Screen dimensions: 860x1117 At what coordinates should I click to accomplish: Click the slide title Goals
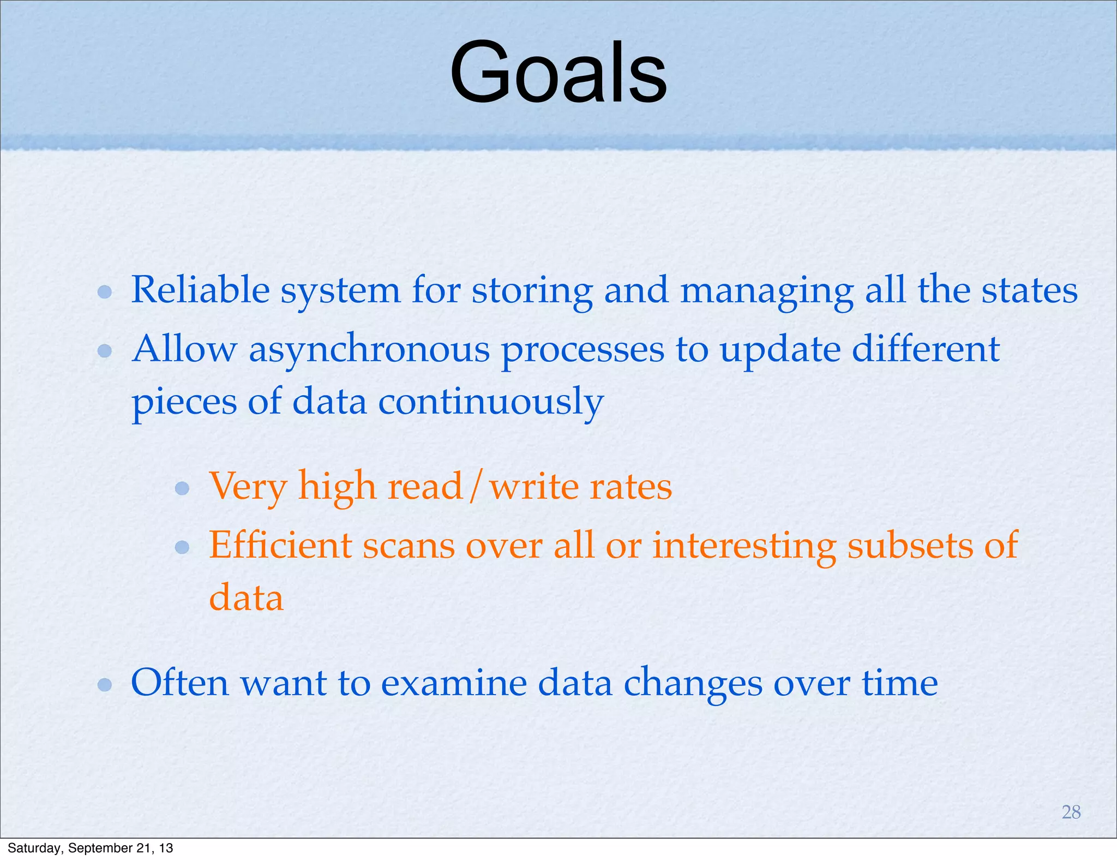coord(558,73)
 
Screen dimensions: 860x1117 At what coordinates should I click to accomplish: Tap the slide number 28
coord(1071,812)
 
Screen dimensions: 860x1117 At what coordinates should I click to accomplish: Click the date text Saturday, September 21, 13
coord(91,848)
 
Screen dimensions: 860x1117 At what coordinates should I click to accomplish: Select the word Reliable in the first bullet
coord(200,290)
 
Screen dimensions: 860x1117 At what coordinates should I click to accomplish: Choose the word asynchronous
coord(369,350)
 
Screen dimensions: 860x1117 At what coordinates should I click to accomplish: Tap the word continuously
coord(491,403)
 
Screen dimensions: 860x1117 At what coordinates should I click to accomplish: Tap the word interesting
coord(744,546)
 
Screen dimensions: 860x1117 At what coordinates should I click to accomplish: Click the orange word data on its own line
coord(247,598)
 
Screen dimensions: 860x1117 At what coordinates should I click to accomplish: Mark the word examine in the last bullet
coord(454,683)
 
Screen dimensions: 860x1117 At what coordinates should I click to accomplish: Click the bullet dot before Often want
coord(105,684)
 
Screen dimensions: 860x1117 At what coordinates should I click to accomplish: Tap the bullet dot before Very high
coord(182,487)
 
